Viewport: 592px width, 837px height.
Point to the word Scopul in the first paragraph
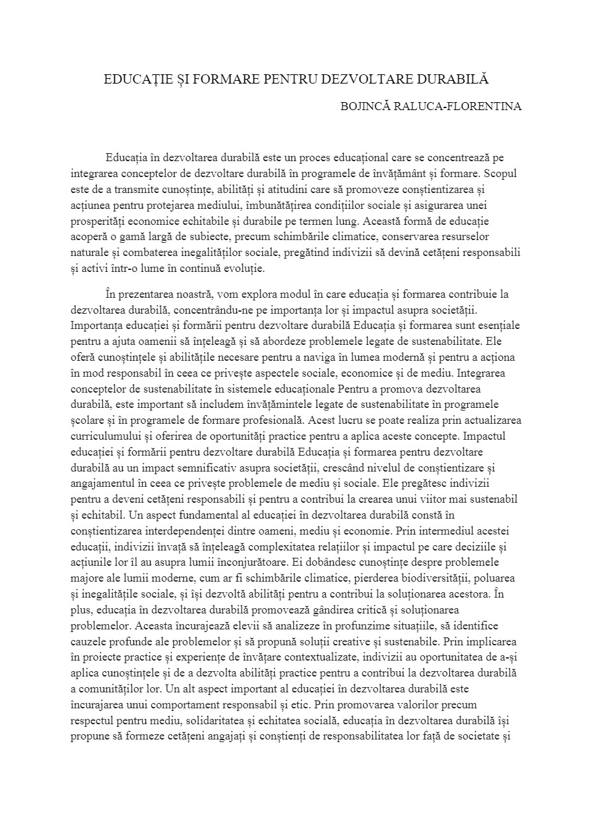point(502,174)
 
